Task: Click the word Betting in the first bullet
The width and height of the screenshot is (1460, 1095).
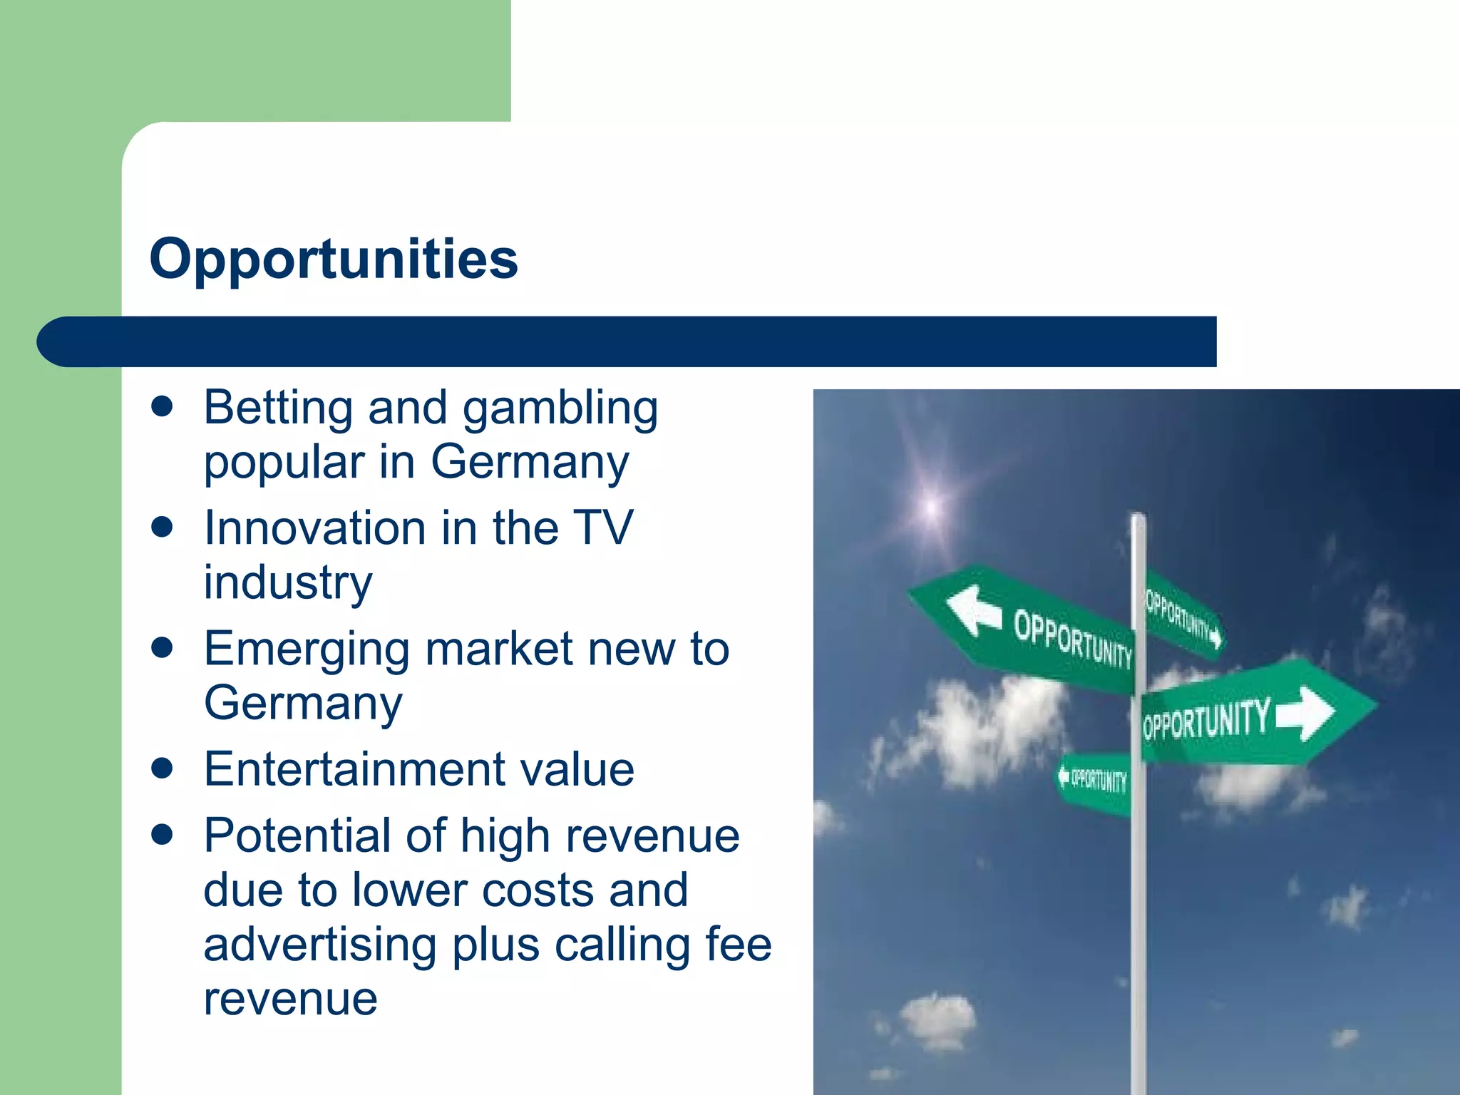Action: click(277, 408)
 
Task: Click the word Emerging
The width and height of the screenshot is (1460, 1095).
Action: click(307, 650)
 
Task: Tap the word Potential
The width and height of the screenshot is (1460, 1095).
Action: click(296, 836)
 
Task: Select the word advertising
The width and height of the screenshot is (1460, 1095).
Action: click(319, 945)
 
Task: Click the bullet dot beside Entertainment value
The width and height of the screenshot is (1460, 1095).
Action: click(163, 769)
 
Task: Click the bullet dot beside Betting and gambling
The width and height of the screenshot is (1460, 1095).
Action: click(163, 407)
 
